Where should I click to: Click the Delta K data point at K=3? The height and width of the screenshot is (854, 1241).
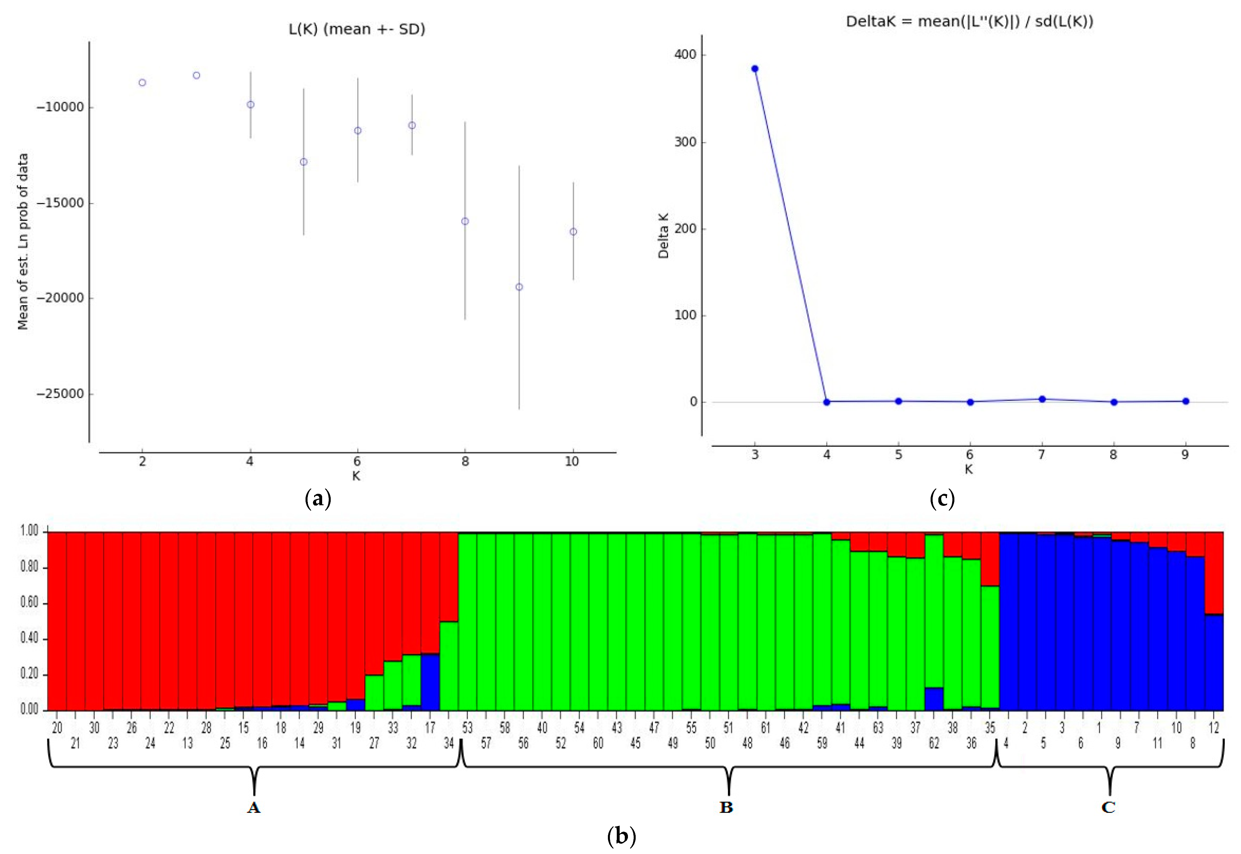tap(755, 68)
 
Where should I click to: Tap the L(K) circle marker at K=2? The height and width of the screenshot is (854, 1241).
tap(142, 82)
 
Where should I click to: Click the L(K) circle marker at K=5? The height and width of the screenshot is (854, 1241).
tap(304, 162)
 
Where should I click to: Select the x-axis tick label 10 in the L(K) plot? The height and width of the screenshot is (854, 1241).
tap(572, 461)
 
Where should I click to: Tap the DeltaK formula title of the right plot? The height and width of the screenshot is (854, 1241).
tap(969, 21)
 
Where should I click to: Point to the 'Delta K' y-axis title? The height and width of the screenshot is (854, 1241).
tap(664, 235)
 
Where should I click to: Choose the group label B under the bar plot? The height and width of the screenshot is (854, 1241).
tap(726, 807)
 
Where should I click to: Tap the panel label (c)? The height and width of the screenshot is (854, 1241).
tap(942, 499)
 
